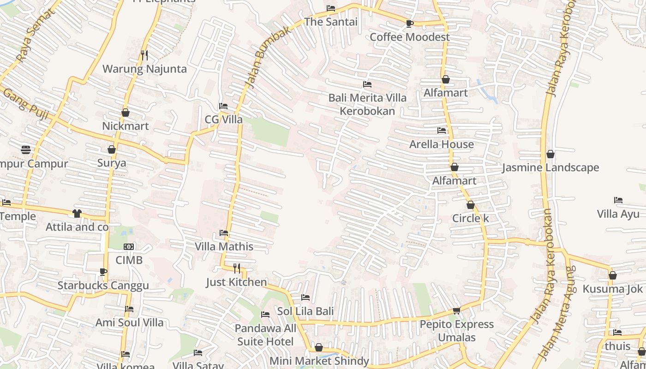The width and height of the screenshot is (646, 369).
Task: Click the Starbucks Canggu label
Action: click(x=103, y=286)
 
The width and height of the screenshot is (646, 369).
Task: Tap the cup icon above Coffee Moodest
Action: click(x=409, y=24)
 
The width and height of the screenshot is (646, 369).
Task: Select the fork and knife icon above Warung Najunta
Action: click(x=144, y=55)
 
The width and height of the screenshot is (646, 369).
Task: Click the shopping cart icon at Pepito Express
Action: click(x=456, y=310)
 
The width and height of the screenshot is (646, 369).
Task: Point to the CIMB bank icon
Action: click(x=129, y=247)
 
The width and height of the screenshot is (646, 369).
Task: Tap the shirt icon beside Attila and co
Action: click(x=77, y=214)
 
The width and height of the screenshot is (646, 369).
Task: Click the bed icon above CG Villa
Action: click(x=223, y=106)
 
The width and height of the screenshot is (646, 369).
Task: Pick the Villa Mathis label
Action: click(x=224, y=246)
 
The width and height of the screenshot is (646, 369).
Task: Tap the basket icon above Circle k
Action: click(x=470, y=205)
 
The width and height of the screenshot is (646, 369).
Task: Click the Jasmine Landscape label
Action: click(x=550, y=167)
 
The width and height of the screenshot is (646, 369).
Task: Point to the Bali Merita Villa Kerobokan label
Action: click(x=367, y=104)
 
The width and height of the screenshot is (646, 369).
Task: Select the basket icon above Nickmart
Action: click(x=125, y=113)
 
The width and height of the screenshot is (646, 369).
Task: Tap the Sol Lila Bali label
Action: click(x=305, y=311)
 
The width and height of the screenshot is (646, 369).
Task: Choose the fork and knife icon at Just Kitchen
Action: click(x=237, y=268)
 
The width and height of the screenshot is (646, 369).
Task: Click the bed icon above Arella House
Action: click(x=442, y=131)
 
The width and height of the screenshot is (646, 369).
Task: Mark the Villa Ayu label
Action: click(x=618, y=214)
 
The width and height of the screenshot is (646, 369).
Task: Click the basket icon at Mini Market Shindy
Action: click(x=318, y=347)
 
